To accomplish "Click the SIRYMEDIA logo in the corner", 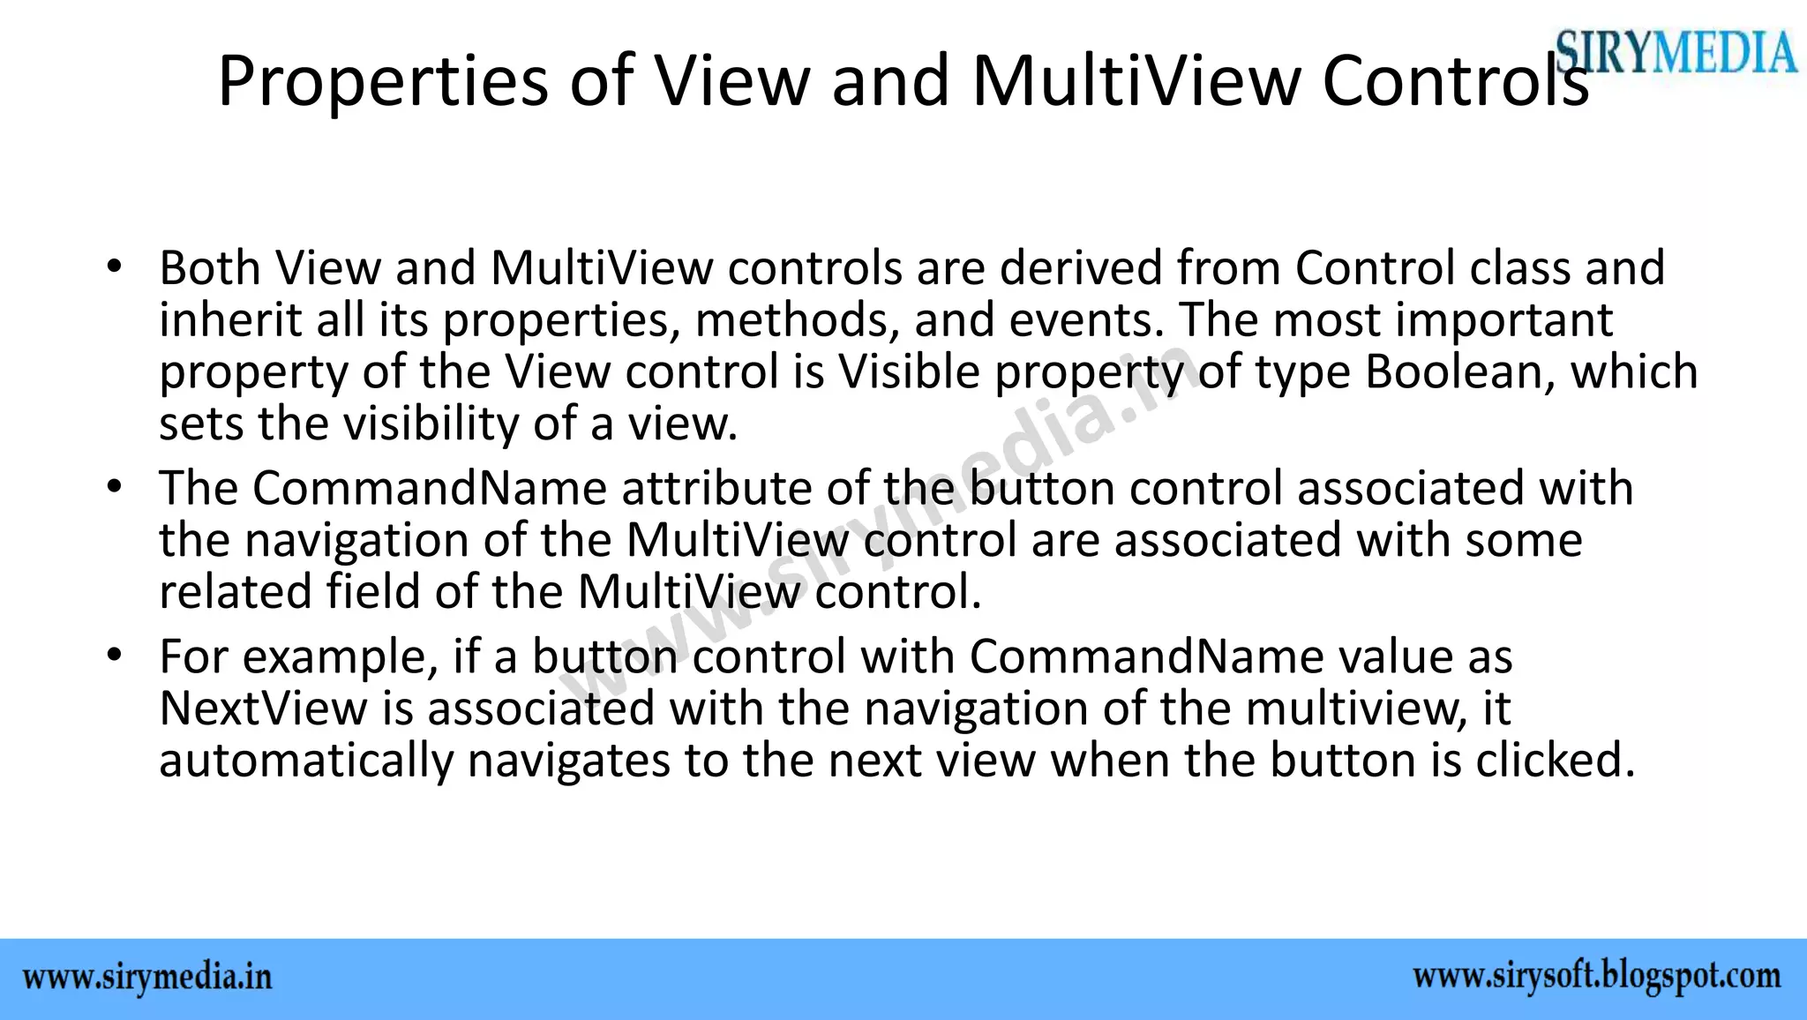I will click(1676, 51).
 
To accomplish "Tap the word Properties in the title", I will click(382, 81).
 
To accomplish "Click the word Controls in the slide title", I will click(1455, 81).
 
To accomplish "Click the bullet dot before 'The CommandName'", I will click(113, 487).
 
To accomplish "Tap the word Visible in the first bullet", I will click(909, 371).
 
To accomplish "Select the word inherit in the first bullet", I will click(230, 319).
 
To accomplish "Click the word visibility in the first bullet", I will click(431, 424).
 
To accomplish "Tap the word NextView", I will click(263, 709).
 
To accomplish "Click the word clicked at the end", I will click(1556, 761).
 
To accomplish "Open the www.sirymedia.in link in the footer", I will click(147, 978).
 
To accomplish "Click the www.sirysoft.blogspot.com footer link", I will click(1597, 977).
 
